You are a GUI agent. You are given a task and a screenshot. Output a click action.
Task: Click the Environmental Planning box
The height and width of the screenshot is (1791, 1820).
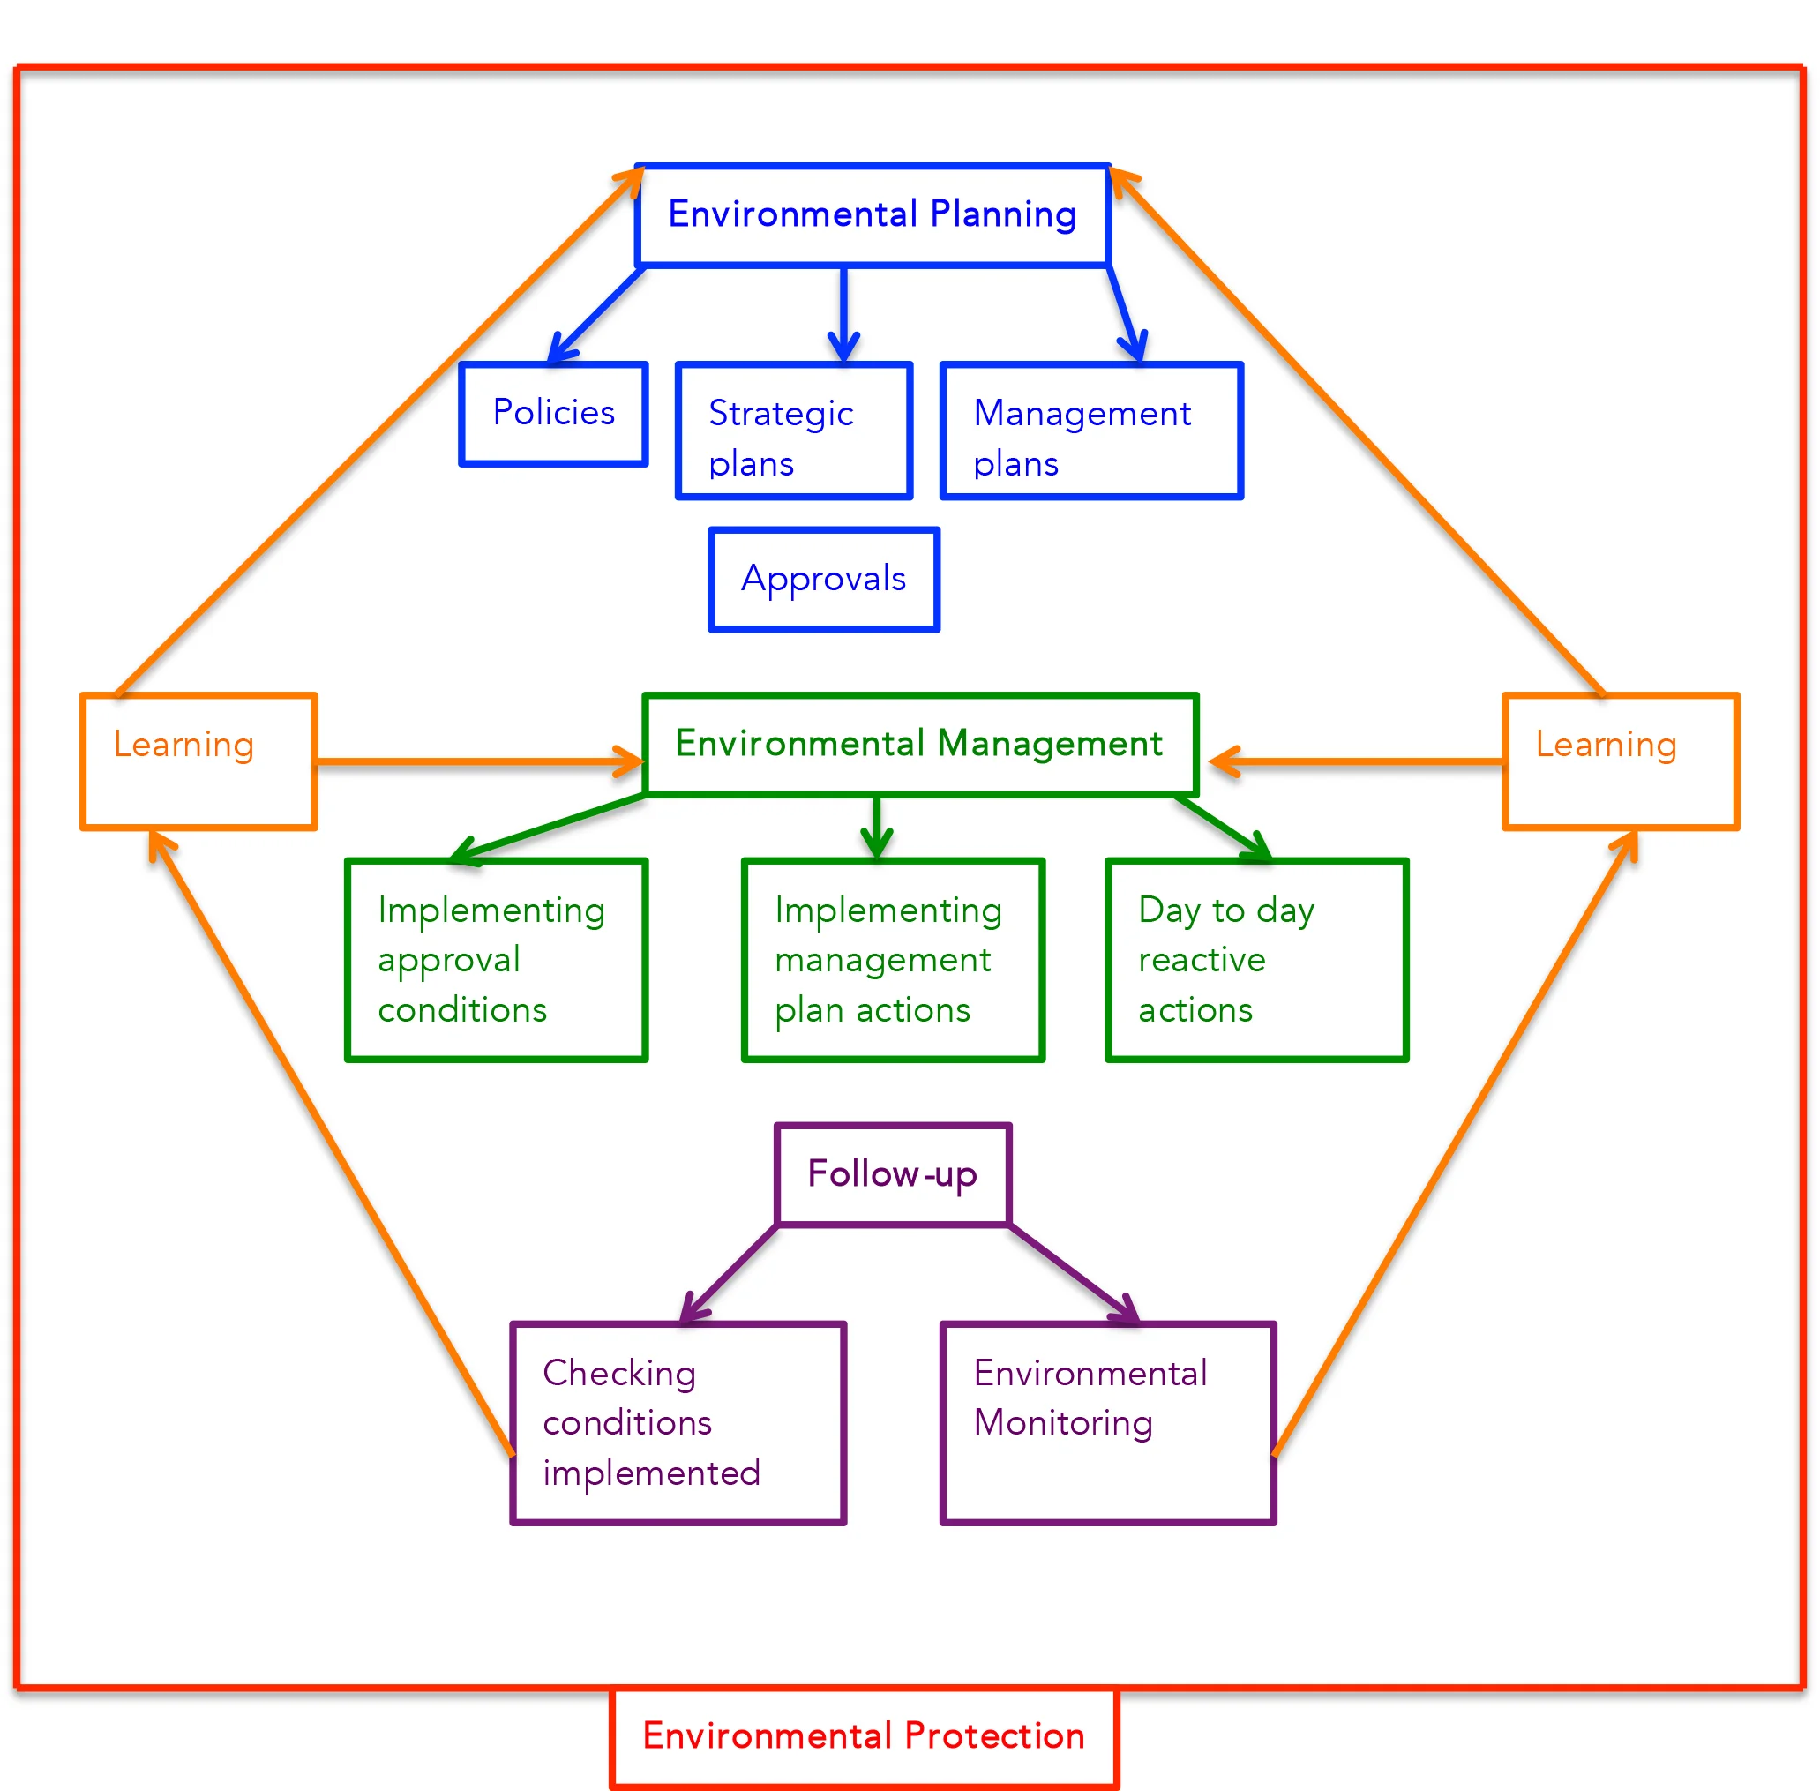pyautogui.click(x=872, y=214)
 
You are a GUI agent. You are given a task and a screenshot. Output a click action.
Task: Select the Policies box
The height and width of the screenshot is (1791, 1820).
pyautogui.click(x=553, y=413)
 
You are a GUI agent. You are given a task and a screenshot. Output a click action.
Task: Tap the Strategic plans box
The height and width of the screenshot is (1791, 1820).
pyautogui.click(x=794, y=431)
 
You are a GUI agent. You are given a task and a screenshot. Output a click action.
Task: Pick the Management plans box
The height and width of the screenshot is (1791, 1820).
pyautogui.click(x=1091, y=431)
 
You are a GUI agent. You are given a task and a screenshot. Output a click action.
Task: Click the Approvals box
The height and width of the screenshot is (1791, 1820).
pyautogui.click(x=824, y=579)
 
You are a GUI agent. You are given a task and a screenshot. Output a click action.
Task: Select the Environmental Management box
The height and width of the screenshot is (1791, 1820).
pyautogui.click(x=920, y=744)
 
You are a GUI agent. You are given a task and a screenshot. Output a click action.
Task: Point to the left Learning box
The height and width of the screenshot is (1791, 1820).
pyautogui.click(x=198, y=761)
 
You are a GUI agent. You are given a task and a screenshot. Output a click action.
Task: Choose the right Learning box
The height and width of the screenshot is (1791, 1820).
pyautogui.click(x=1620, y=761)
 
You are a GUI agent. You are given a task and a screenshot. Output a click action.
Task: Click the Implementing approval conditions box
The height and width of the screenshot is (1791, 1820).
pyautogui.click(x=497, y=960)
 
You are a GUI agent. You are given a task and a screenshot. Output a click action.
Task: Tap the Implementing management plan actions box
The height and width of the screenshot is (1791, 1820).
pyautogui.click(x=893, y=960)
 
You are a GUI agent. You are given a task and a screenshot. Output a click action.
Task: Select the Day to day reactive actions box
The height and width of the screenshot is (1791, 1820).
pyautogui.click(x=1255, y=960)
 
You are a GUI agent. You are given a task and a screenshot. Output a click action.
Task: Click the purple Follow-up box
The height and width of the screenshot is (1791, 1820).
pyautogui.click(x=893, y=1174)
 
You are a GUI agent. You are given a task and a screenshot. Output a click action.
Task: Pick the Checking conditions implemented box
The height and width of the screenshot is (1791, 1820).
pyautogui.click(x=678, y=1422)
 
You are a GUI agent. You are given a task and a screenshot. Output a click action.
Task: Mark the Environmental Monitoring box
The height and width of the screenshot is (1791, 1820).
pyautogui.click(x=1107, y=1422)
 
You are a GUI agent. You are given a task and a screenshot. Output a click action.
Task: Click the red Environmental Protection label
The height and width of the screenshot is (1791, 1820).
pyautogui.click(x=864, y=1735)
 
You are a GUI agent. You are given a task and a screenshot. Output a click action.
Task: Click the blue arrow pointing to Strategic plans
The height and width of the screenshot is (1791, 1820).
pyautogui.click(x=843, y=315)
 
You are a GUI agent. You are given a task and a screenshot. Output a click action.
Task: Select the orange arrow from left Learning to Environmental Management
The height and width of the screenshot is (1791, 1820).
pyautogui.click(x=480, y=761)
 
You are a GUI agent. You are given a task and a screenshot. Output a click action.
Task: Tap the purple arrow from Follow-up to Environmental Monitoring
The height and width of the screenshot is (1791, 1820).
pyautogui.click(x=1072, y=1273)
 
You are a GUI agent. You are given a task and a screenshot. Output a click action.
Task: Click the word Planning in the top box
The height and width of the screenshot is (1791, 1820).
pyautogui.click(x=1003, y=214)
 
